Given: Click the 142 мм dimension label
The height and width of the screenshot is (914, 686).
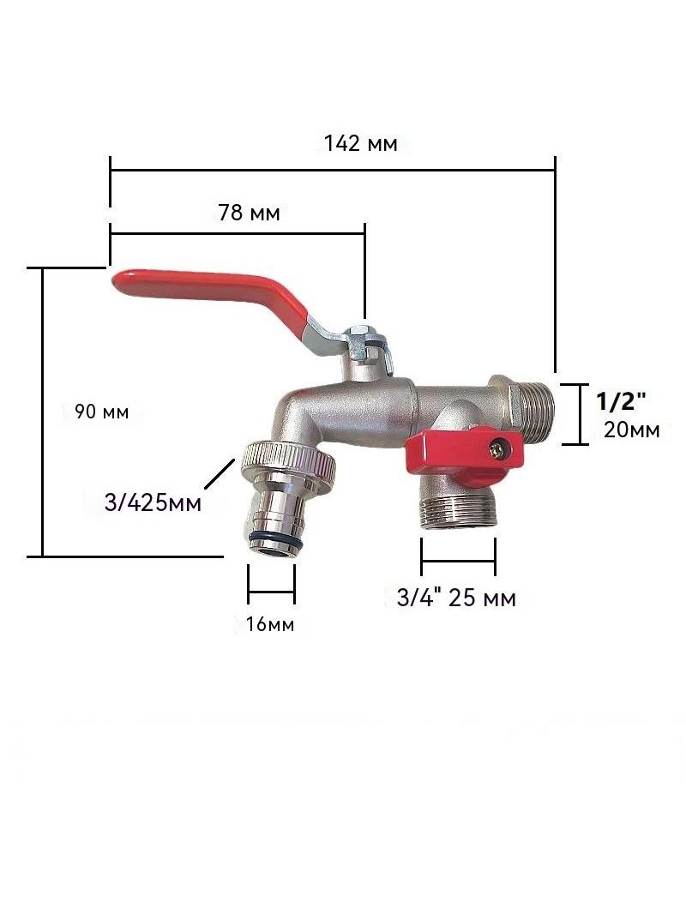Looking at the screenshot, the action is tap(361, 143).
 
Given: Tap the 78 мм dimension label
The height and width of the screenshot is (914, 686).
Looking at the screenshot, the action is tap(249, 213).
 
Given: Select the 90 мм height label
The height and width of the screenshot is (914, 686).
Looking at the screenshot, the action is tap(101, 412).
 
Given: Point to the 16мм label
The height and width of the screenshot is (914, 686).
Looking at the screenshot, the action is tap(270, 624).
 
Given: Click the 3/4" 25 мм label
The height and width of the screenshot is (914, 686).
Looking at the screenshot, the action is tap(456, 598).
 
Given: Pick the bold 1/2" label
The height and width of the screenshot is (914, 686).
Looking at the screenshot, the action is tap(622, 401).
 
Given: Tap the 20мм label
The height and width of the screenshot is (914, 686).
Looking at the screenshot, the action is tap(632, 430).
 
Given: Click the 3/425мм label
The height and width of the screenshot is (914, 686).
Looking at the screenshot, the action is tap(153, 502).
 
